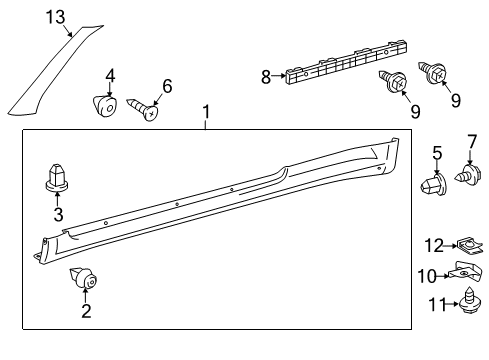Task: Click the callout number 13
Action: [x=55, y=17]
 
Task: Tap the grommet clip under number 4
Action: [x=104, y=106]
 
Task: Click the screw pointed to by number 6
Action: [x=142, y=108]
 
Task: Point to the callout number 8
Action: [x=266, y=77]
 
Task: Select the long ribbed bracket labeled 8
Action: [x=347, y=62]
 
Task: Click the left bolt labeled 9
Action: [x=394, y=80]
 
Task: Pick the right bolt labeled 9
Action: [x=432, y=72]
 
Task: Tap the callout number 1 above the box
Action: [x=206, y=112]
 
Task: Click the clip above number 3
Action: [x=57, y=178]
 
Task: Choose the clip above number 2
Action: [x=83, y=277]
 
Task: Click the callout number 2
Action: [x=86, y=311]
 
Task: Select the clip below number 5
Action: [x=433, y=184]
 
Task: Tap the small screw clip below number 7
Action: [x=468, y=174]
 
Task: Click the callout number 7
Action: [x=472, y=142]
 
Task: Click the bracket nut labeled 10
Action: [x=465, y=270]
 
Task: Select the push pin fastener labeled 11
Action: [x=470, y=301]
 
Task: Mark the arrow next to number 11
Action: [x=452, y=304]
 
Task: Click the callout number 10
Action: [x=427, y=276]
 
